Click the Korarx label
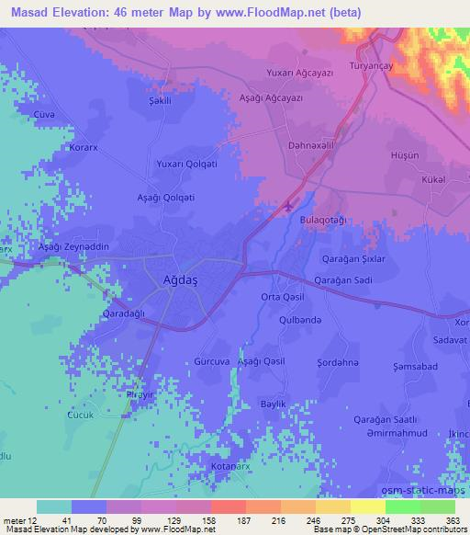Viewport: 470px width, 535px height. coord(84,147)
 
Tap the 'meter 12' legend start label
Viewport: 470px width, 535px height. coord(18,518)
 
